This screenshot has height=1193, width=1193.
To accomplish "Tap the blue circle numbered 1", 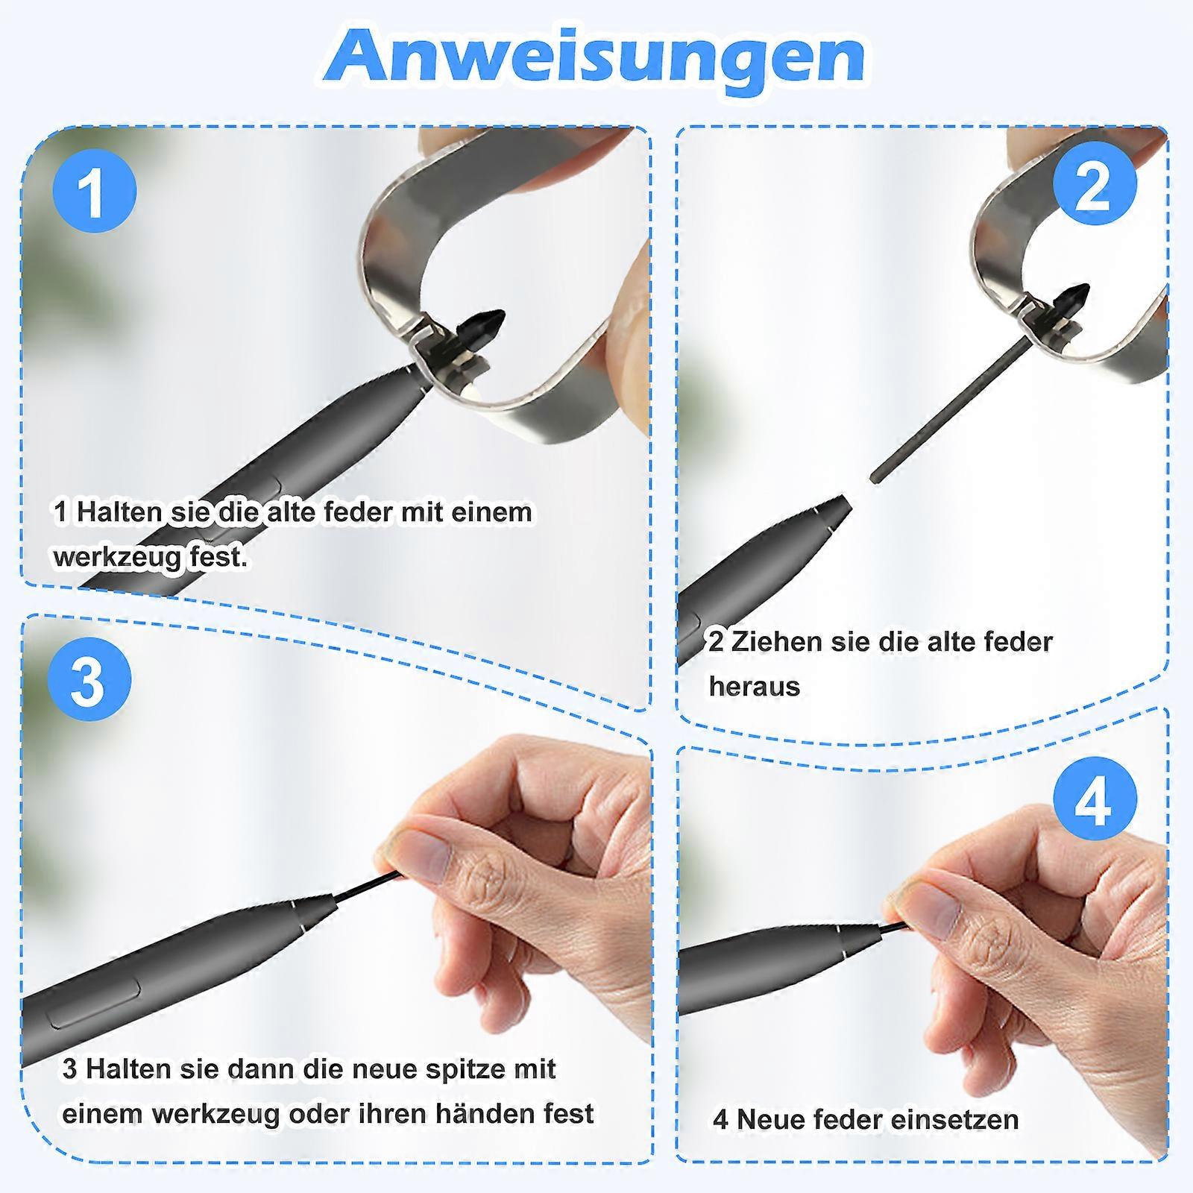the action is (95, 190).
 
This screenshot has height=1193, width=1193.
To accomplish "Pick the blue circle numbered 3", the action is (89, 679).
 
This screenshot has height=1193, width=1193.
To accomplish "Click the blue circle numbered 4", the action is (1095, 800).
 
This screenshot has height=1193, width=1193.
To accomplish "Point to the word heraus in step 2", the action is (754, 686).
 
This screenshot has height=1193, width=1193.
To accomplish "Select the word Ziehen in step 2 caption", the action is (776, 641).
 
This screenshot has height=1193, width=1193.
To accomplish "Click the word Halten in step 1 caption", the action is (119, 512).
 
